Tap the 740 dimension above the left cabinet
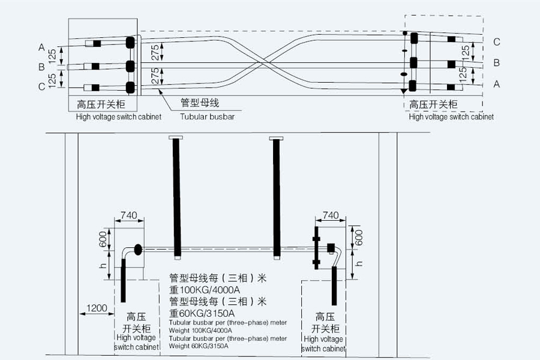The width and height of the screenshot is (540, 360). coord(129,215)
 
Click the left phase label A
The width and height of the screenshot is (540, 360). coord(41,47)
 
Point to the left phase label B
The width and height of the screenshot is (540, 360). coord(41,67)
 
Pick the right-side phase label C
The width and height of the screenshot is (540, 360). coord(496,42)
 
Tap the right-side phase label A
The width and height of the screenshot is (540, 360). coord(496,85)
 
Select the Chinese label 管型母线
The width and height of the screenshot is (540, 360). coord(200,103)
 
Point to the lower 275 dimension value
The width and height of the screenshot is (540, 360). coord(155,76)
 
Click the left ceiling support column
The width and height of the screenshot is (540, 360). coord(177,198)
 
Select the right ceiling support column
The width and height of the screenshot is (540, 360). coord(277,198)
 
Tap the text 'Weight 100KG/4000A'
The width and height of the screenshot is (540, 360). coord(200,330)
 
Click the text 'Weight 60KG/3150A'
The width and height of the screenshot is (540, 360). coord(199,346)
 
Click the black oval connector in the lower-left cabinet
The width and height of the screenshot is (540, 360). coord(137,248)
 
